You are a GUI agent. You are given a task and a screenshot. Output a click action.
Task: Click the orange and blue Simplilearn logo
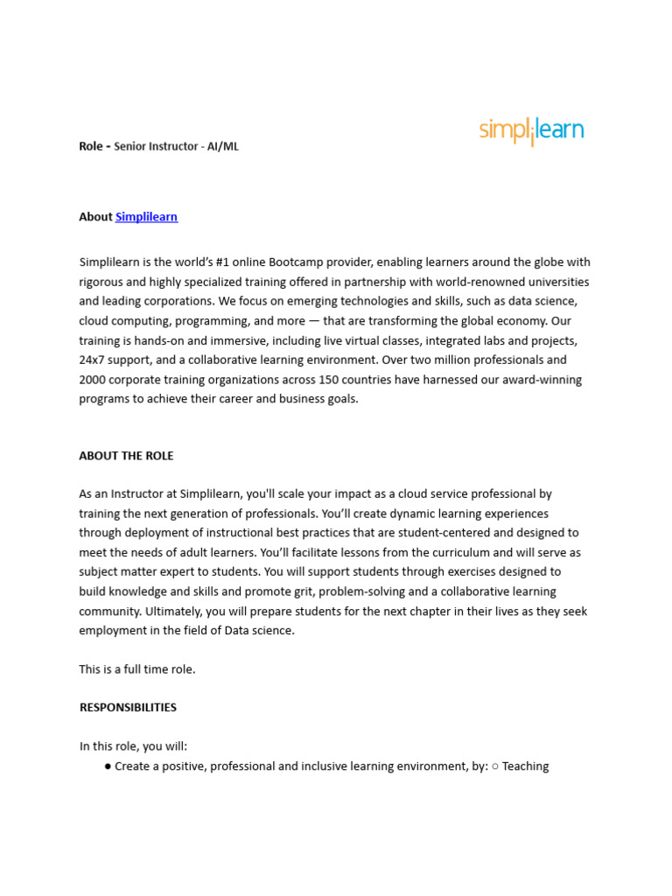(531, 131)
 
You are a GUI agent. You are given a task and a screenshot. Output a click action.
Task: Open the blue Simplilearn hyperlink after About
(146, 217)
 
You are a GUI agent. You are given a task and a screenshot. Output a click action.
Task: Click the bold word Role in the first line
(91, 146)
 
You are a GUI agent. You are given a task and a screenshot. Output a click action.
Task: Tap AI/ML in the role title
(223, 146)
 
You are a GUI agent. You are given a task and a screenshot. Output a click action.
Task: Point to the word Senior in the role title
(131, 146)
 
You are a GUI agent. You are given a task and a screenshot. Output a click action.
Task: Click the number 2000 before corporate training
(93, 380)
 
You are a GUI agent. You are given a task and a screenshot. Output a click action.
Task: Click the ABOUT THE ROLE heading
(126, 456)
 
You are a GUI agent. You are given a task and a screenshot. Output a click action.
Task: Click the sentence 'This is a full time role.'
(137, 669)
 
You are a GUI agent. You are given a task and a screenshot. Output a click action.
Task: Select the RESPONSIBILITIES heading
(128, 707)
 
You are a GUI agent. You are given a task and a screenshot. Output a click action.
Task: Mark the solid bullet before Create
(107, 766)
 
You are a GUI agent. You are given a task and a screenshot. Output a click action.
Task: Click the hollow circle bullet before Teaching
(494, 766)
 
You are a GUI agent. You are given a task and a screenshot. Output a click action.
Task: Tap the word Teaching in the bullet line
(525, 766)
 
